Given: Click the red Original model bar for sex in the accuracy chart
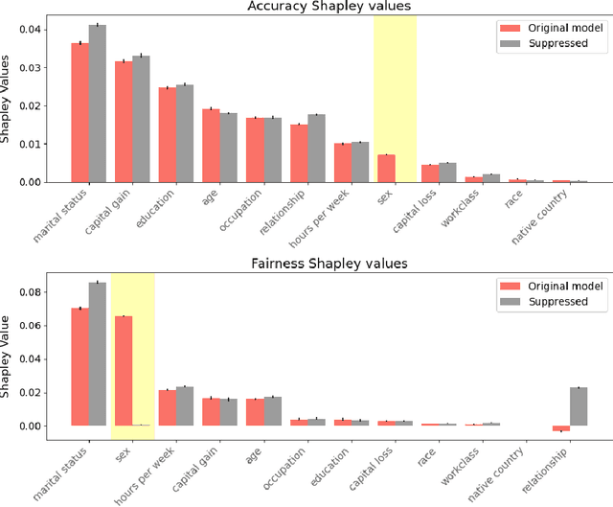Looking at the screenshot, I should click(386, 169).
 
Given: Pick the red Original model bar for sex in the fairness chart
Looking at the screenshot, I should click(124, 371).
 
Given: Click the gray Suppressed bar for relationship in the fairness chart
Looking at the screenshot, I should click(578, 406).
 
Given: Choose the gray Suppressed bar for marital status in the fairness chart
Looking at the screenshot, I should click(98, 354).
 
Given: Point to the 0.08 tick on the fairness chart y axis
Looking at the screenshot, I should click(34, 292).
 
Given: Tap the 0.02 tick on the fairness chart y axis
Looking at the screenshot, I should click(34, 393).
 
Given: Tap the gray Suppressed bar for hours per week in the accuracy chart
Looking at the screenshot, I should click(360, 162).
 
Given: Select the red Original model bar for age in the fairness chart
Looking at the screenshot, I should click(255, 412).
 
